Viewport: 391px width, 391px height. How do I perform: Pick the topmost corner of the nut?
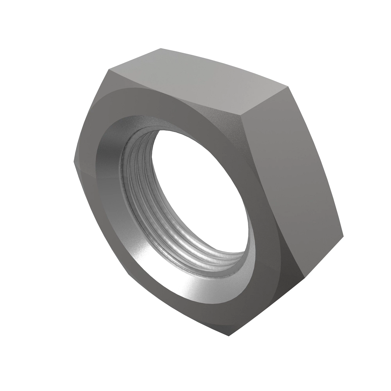161,48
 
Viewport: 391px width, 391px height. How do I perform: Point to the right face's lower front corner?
305,279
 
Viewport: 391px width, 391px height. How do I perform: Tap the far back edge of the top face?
225,67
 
